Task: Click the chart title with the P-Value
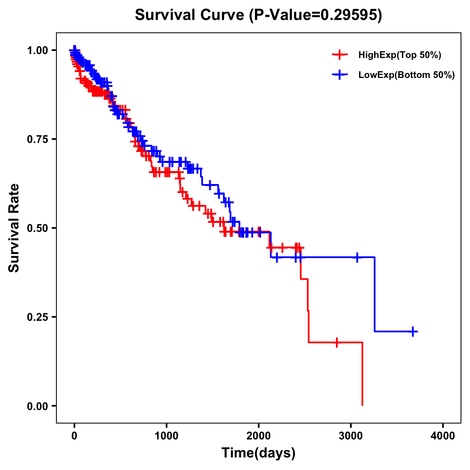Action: pos(258,15)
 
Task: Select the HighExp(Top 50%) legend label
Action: pos(399,55)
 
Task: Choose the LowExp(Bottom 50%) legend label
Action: pos(406,75)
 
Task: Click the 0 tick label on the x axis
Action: pos(74,436)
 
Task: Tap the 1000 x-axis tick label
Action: pos(166,436)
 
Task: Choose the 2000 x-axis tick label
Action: pos(258,436)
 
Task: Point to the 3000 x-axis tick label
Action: pos(351,436)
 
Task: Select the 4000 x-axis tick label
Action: pos(443,436)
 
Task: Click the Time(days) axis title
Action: pos(258,453)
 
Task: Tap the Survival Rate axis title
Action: pos(14,228)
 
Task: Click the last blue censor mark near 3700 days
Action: pos(412,331)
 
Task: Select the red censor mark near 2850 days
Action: pos(336,342)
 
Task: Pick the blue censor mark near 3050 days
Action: pos(357,257)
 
